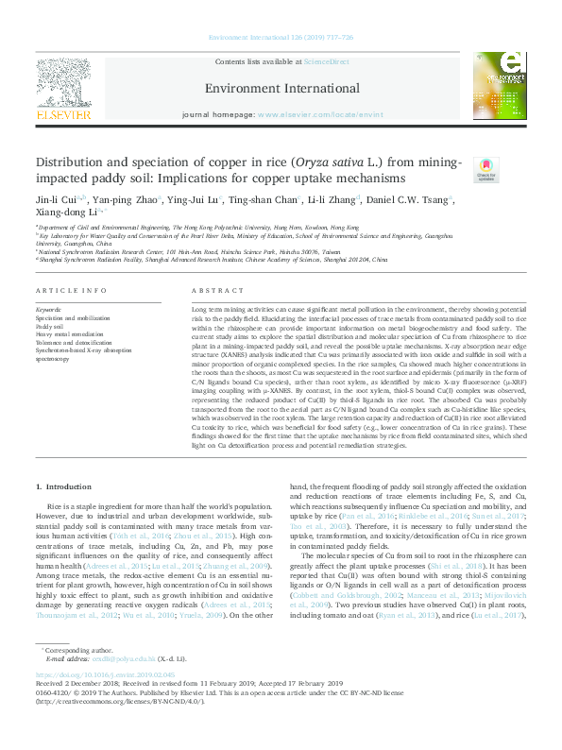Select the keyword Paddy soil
tap(48, 299)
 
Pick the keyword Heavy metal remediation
tap(67, 308)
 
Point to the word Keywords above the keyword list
tap(49, 282)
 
